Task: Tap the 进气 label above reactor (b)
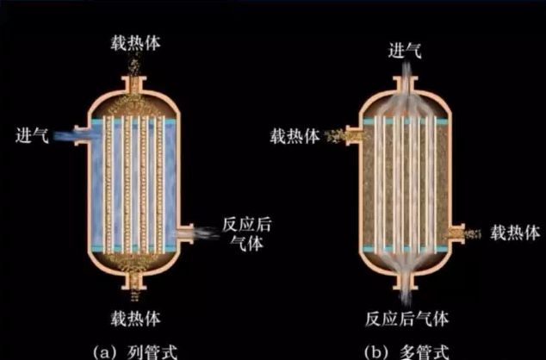point(405,51)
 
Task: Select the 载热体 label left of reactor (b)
point(296,135)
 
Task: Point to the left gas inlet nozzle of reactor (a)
point(80,135)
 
